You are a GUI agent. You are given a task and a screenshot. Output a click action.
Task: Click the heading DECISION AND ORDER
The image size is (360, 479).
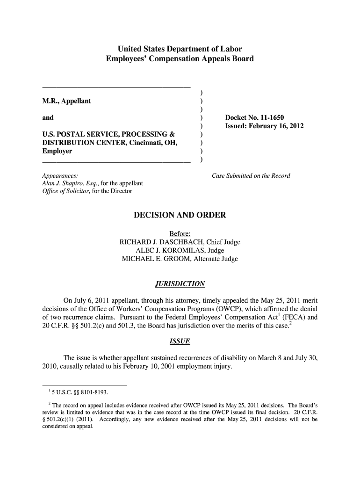click(180, 216)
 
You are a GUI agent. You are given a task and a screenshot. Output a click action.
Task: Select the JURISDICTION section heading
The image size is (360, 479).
click(180, 284)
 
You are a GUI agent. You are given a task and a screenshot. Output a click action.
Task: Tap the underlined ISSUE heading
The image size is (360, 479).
click(180, 341)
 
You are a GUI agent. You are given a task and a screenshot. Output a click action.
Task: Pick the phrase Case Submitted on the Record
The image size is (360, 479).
click(251, 176)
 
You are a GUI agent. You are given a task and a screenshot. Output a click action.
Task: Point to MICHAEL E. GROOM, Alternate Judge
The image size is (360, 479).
click(180, 259)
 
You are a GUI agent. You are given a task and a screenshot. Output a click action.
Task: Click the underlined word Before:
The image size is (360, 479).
click(180, 234)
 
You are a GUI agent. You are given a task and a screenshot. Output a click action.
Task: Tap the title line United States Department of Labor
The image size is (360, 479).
click(180, 49)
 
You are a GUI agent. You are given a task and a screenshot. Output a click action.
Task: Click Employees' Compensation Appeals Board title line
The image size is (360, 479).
click(180, 59)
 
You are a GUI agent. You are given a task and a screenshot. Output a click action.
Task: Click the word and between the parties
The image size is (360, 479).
click(48, 118)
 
